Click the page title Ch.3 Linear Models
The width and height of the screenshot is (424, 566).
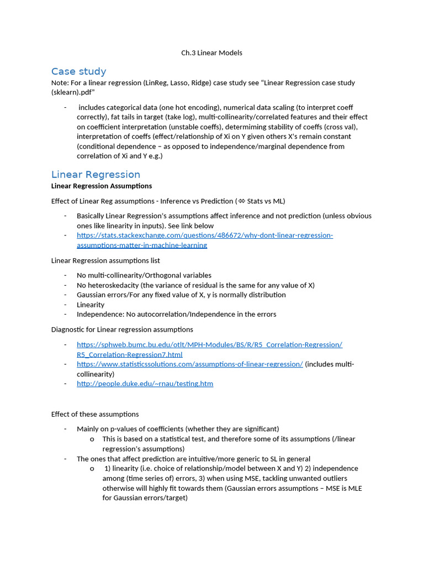(x=211, y=53)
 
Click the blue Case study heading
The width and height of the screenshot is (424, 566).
(x=78, y=71)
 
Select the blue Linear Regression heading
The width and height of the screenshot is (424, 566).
(x=96, y=175)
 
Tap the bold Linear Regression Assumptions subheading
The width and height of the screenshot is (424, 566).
(x=101, y=186)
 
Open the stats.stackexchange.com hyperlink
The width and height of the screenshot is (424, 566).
(x=204, y=240)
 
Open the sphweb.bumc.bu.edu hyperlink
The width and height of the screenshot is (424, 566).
(x=209, y=349)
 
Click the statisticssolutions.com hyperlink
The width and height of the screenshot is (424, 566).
(x=189, y=364)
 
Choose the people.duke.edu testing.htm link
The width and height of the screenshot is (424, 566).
(x=145, y=384)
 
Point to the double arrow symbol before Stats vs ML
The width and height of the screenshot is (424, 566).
(x=241, y=201)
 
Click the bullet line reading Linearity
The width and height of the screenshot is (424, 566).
(x=91, y=305)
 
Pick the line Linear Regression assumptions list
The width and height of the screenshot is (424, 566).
(x=105, y=260)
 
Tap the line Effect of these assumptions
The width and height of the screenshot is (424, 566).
(x=95, y=414)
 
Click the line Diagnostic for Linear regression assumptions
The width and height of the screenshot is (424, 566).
(x=122, y=329)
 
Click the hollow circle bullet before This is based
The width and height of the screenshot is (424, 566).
(x=92, y=439)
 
